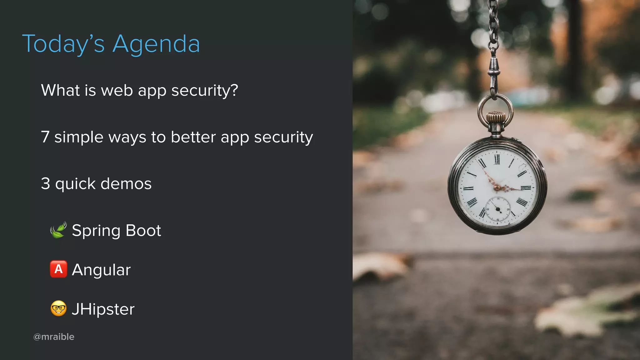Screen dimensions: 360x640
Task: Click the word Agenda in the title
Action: (x=156, y=44)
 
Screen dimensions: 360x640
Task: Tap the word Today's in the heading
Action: (x=63, y=44)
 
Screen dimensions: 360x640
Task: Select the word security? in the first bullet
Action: (x=205, y=91)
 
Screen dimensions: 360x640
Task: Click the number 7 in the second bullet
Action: (x=45, y=137)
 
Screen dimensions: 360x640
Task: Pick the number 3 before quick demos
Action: (x=46, y=183)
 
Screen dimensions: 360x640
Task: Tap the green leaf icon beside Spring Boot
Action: (x=58, y=230)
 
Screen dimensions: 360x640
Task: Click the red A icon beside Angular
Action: (x=58, y=269)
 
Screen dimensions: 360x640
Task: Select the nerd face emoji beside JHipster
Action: (x=58, y=308)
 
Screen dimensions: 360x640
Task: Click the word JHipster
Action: (x=103, y=309)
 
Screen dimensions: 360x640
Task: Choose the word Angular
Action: (x=101, y=270)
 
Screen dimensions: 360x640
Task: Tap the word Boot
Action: (x=143, y=231)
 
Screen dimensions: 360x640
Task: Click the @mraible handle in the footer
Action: (x=54, y=337)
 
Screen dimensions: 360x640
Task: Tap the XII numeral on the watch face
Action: (x=497, y=160)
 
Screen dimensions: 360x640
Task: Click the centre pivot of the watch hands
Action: (x=497, y=187)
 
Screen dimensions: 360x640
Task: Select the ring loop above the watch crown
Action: (x=495, y=108)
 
